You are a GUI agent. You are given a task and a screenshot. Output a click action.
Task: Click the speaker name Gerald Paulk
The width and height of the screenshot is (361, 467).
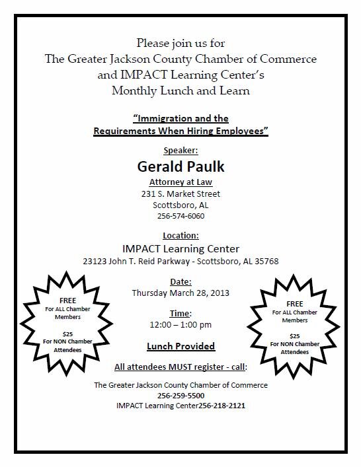[x=180, y=164]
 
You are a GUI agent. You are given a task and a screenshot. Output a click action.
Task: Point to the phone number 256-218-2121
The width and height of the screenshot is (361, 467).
[x=215, y=405]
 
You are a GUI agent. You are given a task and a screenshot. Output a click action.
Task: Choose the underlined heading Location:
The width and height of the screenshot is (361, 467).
[x=180, y=235]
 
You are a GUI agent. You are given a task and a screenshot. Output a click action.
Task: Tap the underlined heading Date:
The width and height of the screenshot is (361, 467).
[x=180, y=281]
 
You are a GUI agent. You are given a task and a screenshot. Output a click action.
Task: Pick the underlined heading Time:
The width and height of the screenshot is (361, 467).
[x=180, y=313]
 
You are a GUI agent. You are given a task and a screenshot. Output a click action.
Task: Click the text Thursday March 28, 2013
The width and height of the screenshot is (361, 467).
[x=180, y=293]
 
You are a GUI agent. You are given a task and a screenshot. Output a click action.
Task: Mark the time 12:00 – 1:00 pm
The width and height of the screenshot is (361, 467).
[x=180, y=325]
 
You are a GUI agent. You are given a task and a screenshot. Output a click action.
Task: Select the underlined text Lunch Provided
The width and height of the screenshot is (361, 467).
[x=180, y=346]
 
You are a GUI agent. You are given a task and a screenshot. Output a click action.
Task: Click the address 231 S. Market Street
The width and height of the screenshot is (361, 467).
[x=180, y=194]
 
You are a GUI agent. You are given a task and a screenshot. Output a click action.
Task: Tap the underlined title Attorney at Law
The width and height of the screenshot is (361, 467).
[x=180, y=182]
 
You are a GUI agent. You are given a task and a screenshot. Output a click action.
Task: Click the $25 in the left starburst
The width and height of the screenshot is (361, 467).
[x=59, y=334]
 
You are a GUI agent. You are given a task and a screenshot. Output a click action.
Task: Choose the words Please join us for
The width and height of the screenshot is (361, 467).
[x=180, y=43]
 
